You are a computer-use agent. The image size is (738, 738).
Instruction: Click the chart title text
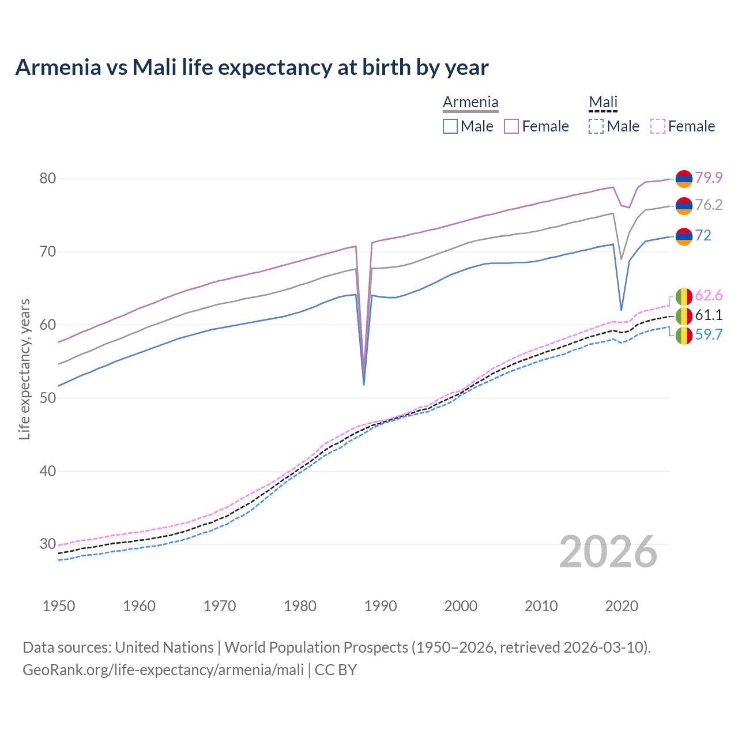click(252, 67)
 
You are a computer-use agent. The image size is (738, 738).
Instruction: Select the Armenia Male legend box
click(450, 126)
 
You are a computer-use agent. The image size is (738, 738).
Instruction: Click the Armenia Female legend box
click(511, 126)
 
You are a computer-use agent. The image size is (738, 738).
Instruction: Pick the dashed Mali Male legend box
click(596, 126)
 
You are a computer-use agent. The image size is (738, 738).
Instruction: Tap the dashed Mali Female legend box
click(658, 126)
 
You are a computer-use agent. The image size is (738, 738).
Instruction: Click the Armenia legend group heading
click(470, 103)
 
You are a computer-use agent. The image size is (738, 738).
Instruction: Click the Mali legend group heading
click(603, 103)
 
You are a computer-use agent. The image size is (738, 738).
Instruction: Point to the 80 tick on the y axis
click(48, 179)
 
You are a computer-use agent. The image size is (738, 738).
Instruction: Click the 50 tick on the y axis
click(48, 398)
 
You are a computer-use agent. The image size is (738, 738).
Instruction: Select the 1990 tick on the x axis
click(381, 606)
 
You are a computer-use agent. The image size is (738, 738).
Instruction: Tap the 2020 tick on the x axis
click(622, 606)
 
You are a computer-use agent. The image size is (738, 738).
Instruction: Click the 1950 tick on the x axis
click(59, 606)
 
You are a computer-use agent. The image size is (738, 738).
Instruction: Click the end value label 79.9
click(709, 178)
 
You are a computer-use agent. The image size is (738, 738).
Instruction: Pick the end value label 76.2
click(709, 205)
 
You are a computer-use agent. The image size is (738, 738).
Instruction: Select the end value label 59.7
click(709, 334)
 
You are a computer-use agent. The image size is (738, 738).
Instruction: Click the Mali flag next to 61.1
click(684, 315)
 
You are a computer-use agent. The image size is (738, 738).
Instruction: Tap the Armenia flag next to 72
click(684, 236)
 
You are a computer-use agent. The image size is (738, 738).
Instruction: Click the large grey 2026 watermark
click(608, 552)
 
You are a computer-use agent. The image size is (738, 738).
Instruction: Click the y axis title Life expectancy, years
click(24, 369)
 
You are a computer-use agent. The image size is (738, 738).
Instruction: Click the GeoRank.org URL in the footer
click(163, 670)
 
